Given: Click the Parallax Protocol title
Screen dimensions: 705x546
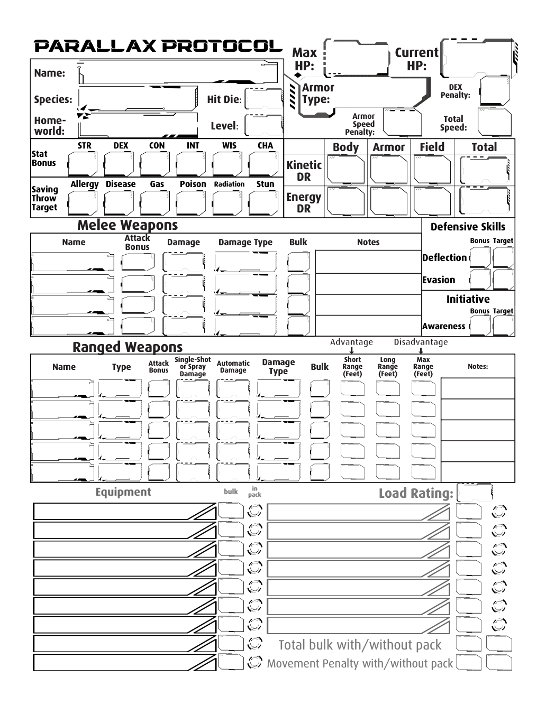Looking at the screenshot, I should point(158,46).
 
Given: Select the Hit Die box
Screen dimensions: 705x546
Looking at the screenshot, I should point(263,99).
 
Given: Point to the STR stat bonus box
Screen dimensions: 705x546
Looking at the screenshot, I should point(84,163).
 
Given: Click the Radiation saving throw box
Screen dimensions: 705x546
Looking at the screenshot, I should point(229,203).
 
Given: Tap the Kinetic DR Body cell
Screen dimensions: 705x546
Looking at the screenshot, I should point(346,170).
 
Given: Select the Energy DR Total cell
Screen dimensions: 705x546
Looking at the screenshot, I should point(484,201).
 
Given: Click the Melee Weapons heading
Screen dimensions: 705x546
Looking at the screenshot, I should point(128,225).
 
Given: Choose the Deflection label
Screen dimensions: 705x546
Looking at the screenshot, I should point(444,258).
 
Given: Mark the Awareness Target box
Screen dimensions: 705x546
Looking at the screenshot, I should point(503,326).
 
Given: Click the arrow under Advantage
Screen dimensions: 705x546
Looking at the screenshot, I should point(352,350).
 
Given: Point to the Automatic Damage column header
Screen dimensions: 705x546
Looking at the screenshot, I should point(233,367).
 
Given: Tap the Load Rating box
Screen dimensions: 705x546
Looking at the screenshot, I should point(475,493).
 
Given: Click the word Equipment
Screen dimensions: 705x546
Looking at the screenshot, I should point(123,492).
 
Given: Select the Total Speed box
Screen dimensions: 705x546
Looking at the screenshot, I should point(494,123).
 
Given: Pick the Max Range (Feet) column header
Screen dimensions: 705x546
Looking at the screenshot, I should point(423,367).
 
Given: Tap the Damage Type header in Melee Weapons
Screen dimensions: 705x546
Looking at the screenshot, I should point(245,243).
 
